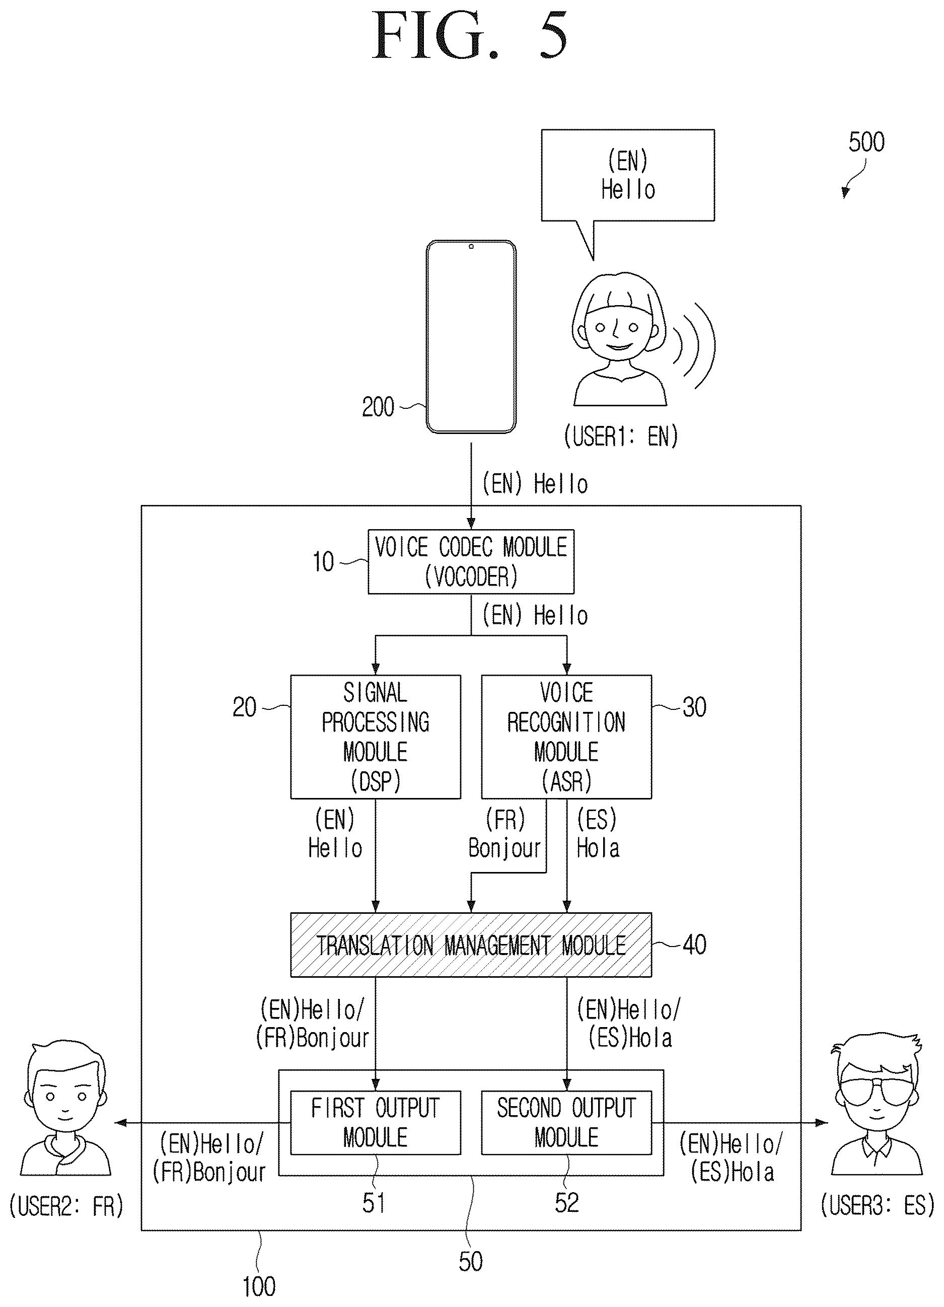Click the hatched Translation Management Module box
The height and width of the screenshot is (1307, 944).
pyautogui.click(x=471, y=945)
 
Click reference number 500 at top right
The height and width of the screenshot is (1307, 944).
pyautogui.click(x=866, y=142)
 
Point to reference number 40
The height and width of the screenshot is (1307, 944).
pyautogui.click(x=694, y=945)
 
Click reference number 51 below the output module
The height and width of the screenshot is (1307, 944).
pyautogui.click(x=374, y=1203)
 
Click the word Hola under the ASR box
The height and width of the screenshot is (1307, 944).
pyautogui.click(x=598, y=848)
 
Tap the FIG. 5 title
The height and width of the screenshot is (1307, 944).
pyautogui.click(x=471, y=36)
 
